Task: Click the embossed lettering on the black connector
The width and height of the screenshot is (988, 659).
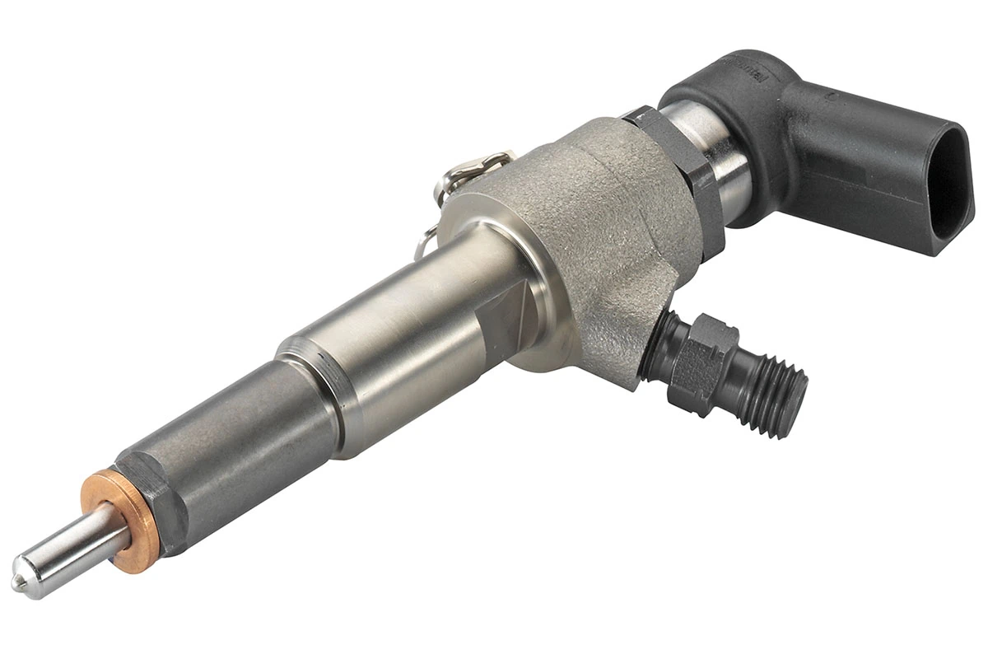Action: click(x=745, y=63)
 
